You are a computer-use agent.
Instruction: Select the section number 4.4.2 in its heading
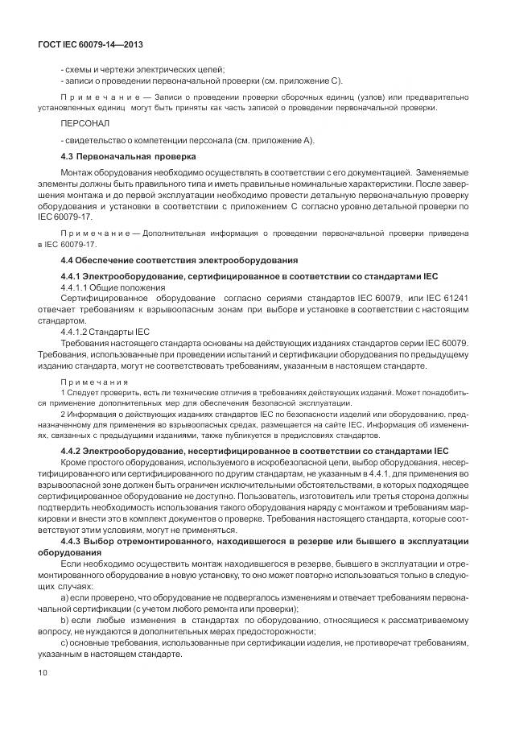pos(74,450)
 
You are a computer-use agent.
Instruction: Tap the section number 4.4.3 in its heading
pos(74,544)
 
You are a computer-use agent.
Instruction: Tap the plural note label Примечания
pos(92,382)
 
